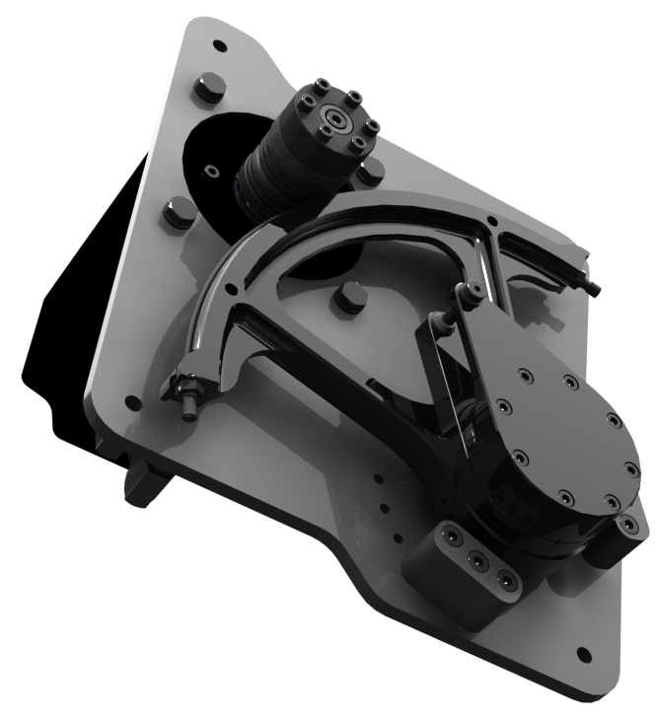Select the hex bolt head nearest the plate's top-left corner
[x=207, y=88]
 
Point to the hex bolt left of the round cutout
[x=179, y=212]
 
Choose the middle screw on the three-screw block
[x=477, y=559]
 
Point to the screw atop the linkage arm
[x=471, y=290]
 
